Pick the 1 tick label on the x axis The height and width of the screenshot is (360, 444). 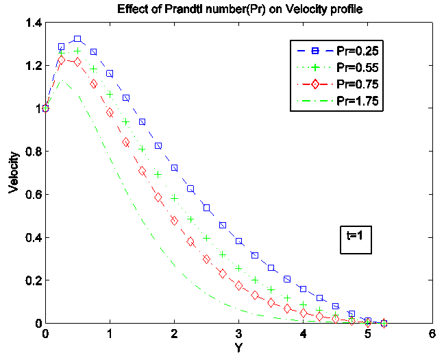pyautogui.click(x=110, y=334)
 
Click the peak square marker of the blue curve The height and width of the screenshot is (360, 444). pyautogui.click(x=77, y=39)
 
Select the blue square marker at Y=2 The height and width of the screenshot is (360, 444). pyautogui.click(x=175, y=168)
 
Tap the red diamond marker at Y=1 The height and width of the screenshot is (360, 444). pyautogui.click(x=110, y=112)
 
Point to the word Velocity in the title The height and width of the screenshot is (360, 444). pyautogui.click(x=336, y=9)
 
